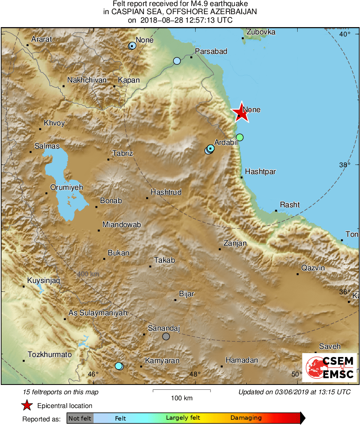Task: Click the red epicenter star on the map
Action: pyautogui.click(x=240, y=112)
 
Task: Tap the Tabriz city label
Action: pyautogui.click(x=123, y=153)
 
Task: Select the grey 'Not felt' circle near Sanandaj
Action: pyautogui.click(x=166, y=336)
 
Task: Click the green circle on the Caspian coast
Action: pyautogui.click(x=240, y=137)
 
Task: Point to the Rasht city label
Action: pyautogui.click(x=290, y=205)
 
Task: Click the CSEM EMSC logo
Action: pyautogui.click(x=330, y=368)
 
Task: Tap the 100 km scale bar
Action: pyautogui.click(x=181, y=391)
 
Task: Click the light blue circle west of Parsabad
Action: pyautogui.click(x=177, y=61)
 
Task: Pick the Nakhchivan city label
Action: pyautogui.click(x=87, y=80)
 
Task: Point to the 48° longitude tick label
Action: pyautogui.click(x=195, y=374)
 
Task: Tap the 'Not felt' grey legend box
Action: pyautogui.click(x=80, y=418)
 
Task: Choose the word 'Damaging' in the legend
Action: pyautogui.click(x=246, y=418)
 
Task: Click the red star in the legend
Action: pyautogui.click(x=27, y=405)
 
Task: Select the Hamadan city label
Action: pyautogui.click(x=241, y=360)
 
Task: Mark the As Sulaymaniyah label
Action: pyautogui.click(x=98, y=313)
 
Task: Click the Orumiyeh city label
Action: pyautogui.click(x=66, y=187)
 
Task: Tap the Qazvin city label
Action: pyautogui.click(x=313, y=268)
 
